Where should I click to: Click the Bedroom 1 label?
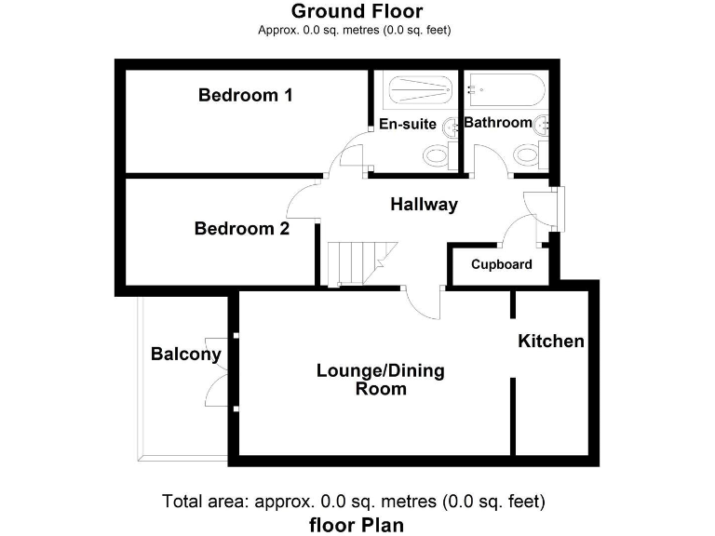click(x=246, y=95)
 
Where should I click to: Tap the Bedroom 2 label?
click(x=242, y=228)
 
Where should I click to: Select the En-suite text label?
click(x=407, y=124)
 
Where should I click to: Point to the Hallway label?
click(x=424, y=205)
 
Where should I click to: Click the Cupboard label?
click(x=501, y=264)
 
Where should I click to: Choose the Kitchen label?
click(x=551, y=342)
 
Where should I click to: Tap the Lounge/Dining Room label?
click(x=381, y=380)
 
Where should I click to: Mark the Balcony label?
click(x=186, y=354)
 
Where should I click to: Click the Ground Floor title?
click(x=357, y=11)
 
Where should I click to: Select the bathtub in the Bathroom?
click(x=506, y=91)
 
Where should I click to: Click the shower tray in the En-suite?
click(x=417, y=91)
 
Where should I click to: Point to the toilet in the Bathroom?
click(x=527, y=154)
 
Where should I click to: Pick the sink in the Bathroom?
click(x=542, y=123)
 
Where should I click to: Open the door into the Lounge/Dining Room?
click(x=425, y=302)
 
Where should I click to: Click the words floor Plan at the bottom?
click(x=357, y=525)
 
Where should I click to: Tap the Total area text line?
click(x=354, y=501)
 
